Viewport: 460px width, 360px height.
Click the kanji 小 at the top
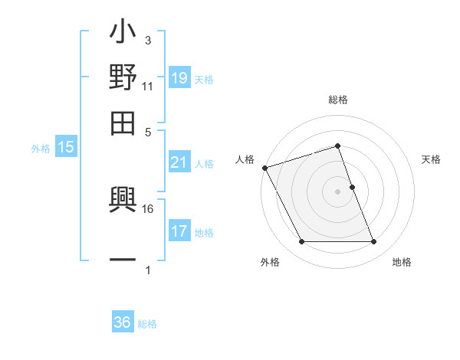click(x=123, y=34)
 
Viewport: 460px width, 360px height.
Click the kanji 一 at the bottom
click(x=123, y=260)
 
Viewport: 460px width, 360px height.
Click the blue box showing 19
click(x=179, y=78)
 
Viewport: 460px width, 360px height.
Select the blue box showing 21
click(x=179, y=162)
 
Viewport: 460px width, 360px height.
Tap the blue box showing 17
click(x=179, y=231)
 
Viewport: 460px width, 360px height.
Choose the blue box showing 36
click(x=123, y=322)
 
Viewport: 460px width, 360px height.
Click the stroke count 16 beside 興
click(x=148, y=208)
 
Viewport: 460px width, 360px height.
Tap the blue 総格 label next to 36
click(x=147, y=324)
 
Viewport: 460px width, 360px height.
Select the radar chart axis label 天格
click(x=432, y=159)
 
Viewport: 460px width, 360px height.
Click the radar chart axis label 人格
click(x=245, y=159)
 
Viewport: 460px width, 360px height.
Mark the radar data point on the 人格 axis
click(x=265, y=168)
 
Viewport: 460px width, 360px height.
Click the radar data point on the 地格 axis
click(x=373, y=242)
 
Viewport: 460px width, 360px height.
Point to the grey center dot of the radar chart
click(x=338, y=191)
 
